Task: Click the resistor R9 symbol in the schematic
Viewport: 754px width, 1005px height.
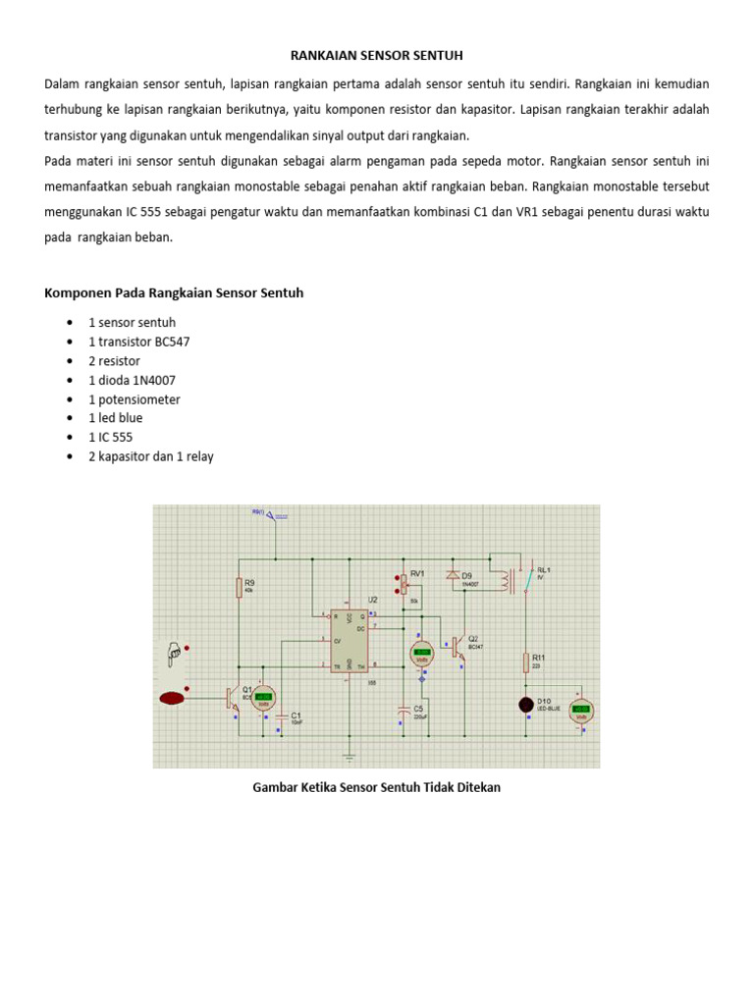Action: (x=239, y=587)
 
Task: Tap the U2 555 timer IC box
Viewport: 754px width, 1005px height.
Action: (x=350, y=642)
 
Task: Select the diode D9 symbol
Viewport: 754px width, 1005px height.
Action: (x=452, y=575)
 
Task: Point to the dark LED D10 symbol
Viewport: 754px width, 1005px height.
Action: (x=526, y=704)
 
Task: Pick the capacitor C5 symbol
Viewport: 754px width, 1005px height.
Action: (x=404, y=709)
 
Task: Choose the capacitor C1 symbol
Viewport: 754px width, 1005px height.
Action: (x=281, y=716)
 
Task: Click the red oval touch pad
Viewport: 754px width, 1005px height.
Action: (x=174, y=699)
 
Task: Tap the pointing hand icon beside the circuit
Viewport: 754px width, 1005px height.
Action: (x=173, y=651)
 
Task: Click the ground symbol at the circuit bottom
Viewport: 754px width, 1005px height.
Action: (x=348, y=754)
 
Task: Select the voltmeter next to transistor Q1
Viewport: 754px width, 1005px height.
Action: (x=263, y=698)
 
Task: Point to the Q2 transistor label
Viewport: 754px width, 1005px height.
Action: (x=474, y=638)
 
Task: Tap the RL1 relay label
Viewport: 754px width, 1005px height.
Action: (x=540, y=569)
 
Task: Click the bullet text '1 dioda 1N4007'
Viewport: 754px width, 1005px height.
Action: (x=133, y=380)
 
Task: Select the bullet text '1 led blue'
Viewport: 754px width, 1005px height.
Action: (x=116, y=418)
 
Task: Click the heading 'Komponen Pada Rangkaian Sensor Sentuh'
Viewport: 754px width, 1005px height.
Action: (x=175, y=292)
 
